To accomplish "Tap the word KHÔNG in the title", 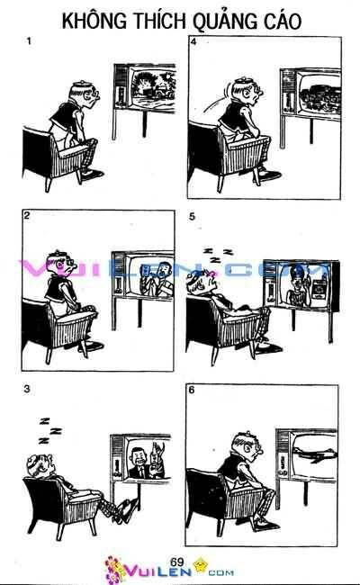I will pyautogui.click(x=94, y=20).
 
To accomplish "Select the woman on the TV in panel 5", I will pyautogui.click(x=301, y=286).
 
